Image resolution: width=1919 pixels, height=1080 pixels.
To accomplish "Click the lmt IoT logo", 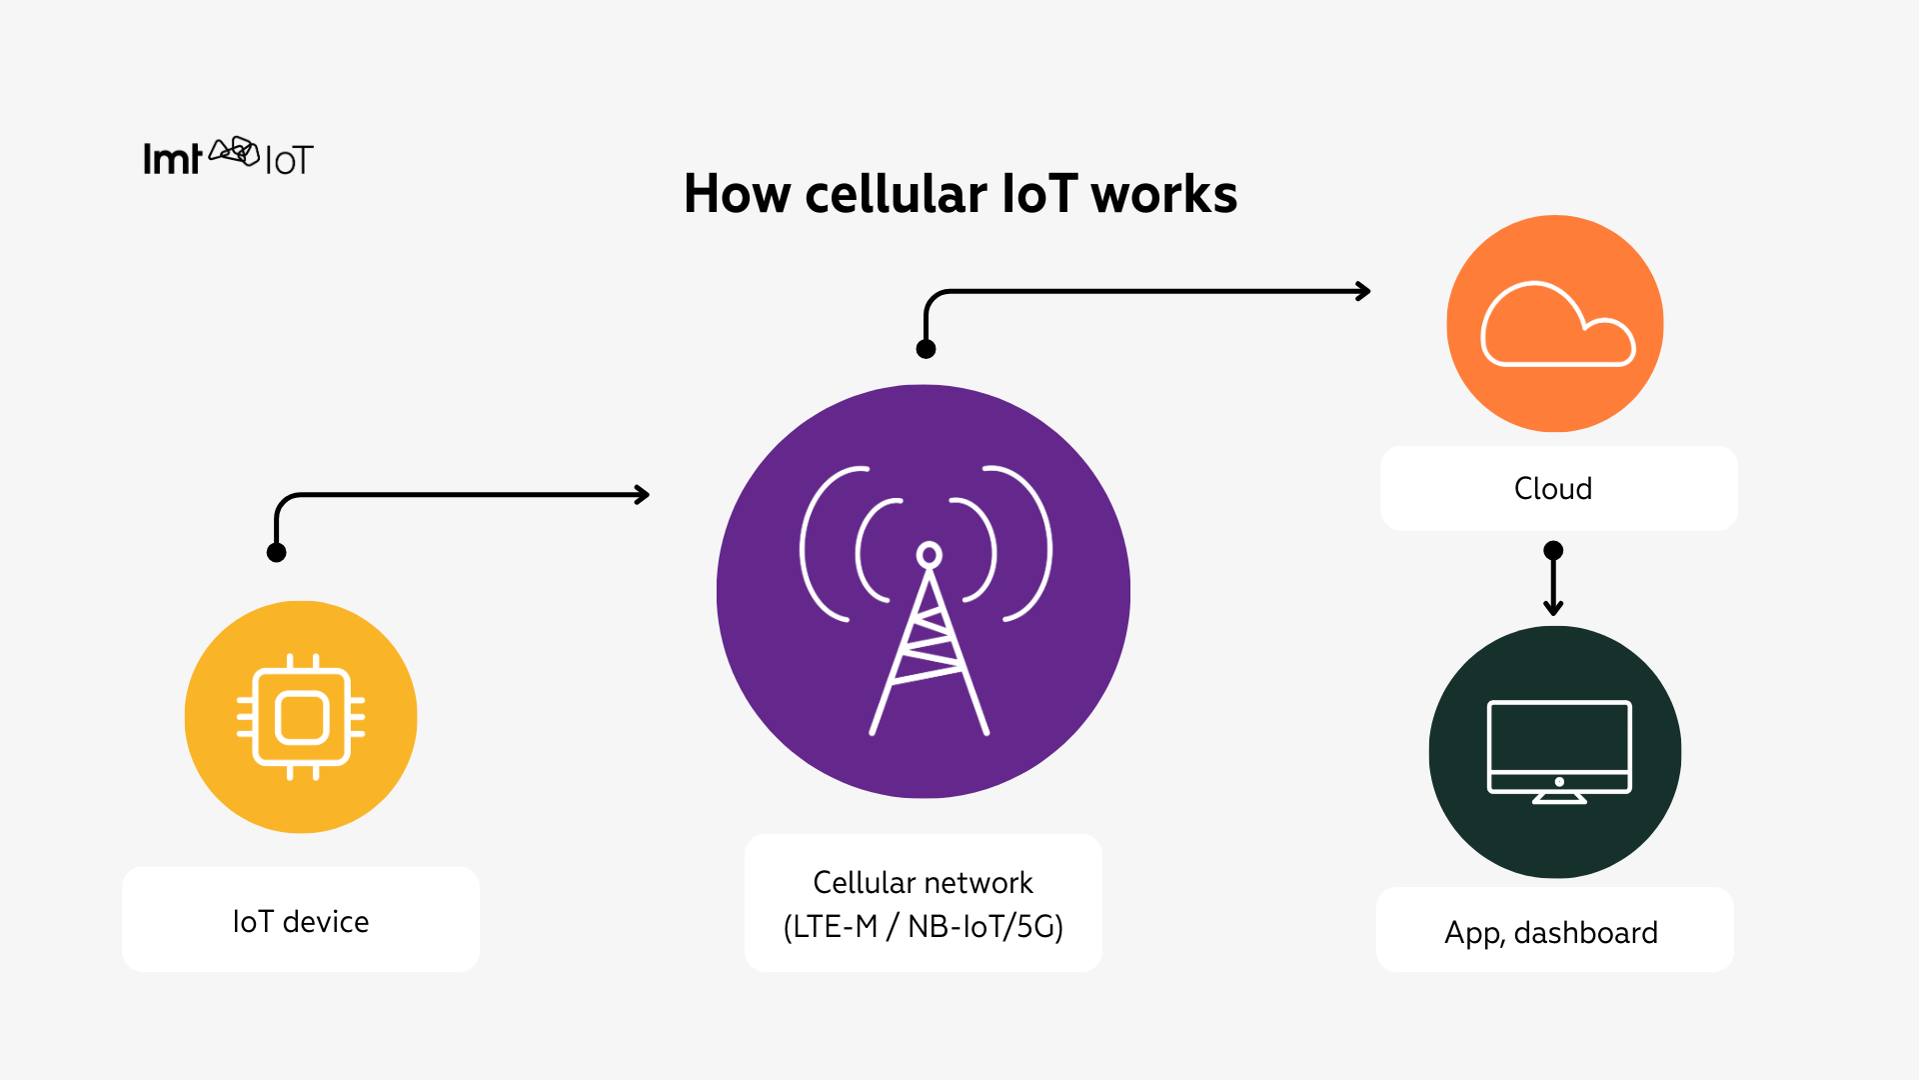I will [228, 158].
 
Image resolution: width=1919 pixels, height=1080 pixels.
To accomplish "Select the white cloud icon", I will [1556, 325].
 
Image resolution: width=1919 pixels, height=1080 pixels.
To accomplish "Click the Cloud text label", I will [1552, 489].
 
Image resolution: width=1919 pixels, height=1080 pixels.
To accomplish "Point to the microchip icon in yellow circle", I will [301, 717].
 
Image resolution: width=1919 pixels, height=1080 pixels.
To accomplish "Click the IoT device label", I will [300, 921].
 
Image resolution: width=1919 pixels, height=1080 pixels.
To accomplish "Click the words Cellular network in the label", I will [923, 883].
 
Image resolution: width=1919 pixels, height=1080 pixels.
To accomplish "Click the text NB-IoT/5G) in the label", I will [984, 927].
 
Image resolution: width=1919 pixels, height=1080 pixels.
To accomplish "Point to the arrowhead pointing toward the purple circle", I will [643, 495].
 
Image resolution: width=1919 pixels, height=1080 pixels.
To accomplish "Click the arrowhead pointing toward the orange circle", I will [1363, 291].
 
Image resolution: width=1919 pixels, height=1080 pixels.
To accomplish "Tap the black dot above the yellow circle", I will [277, 552].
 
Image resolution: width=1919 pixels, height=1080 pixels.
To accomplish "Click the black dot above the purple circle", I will [926, 349].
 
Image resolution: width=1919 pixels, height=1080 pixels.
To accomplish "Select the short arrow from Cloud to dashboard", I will [1553, 583].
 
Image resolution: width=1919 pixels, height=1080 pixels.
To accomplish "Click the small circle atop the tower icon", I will [930, 555].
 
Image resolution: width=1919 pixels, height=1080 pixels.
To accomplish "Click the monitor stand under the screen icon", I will [1559, 798].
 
